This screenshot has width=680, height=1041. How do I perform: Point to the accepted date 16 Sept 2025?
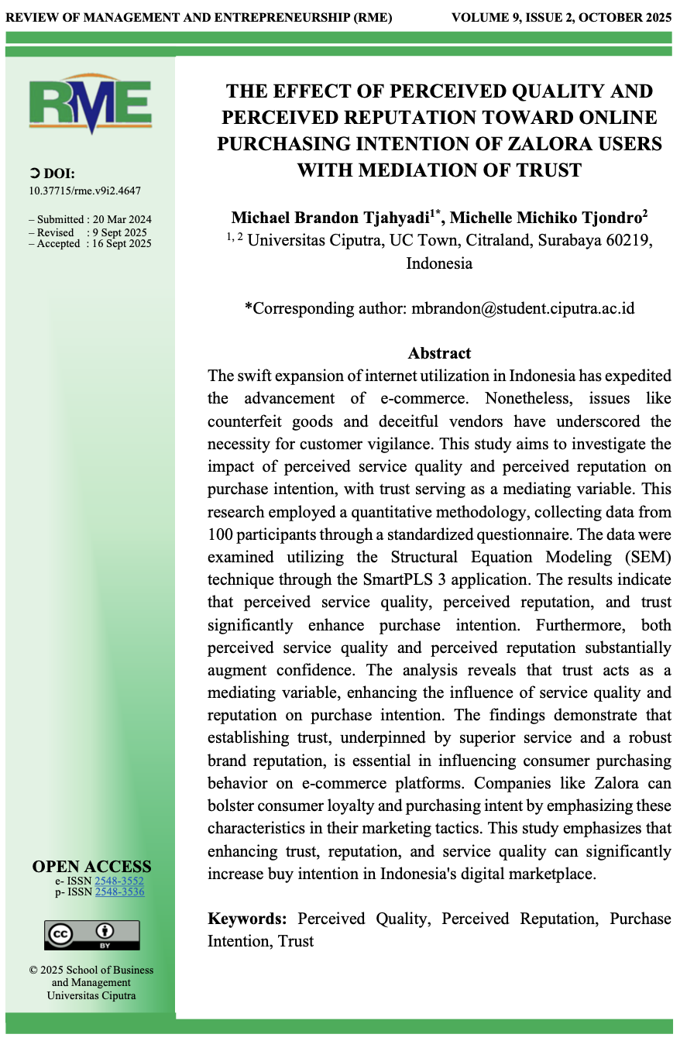point(122,243)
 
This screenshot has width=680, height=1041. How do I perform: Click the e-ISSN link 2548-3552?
point(119,881)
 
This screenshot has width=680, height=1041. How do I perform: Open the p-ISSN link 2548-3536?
point(119,892)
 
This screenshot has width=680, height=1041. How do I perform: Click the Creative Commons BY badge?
point(92,935)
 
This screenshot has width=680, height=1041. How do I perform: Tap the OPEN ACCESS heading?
point(91,867)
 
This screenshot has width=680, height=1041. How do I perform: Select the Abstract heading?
point(439,353)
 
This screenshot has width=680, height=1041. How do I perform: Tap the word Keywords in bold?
point(247,919)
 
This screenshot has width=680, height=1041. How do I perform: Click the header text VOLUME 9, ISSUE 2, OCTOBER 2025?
point(561,17)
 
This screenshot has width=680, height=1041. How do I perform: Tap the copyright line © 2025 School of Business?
point(91,970)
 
